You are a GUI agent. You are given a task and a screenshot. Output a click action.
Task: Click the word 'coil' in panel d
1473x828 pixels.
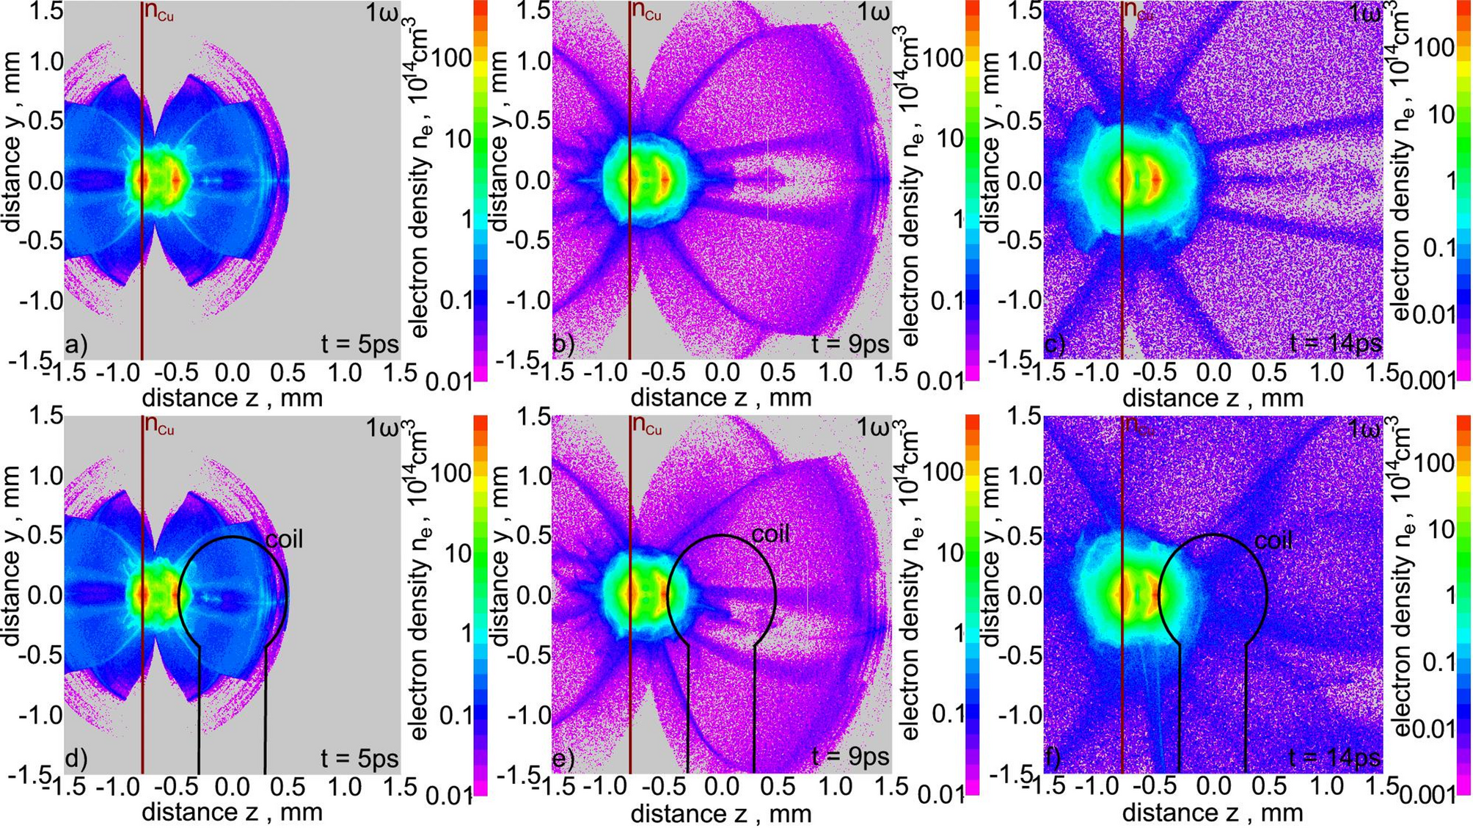tap(284, 540)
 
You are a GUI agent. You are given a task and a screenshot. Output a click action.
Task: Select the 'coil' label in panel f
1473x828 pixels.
tap(1273, 542)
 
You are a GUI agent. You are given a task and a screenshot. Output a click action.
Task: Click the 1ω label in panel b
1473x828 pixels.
tap(872, 12)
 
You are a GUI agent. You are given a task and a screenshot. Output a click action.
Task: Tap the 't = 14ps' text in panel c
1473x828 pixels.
tap(1335, 344)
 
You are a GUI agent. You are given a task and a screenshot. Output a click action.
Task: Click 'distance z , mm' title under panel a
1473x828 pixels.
tap(232, 398)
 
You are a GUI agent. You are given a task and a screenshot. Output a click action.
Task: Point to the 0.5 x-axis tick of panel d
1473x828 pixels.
tap(288, 787)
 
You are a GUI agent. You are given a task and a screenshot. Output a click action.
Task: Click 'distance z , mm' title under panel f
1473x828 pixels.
tap(1212, 813)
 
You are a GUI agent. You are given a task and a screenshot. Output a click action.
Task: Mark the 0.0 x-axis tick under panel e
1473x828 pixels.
tap(722, 787)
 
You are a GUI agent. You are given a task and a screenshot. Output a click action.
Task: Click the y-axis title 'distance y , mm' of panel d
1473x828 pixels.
tap(12, 595)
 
